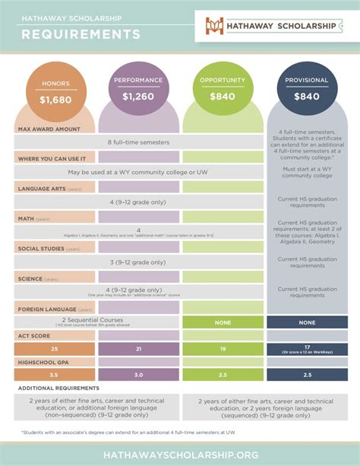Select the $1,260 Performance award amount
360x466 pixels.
coord(139,97)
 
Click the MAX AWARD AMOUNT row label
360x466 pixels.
coord(49,128)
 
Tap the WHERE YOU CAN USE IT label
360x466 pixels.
coord(52,158)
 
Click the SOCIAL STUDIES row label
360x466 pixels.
coord(49,249)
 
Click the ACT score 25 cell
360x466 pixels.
coord(54,348)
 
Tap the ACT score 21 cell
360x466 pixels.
coord(138,348)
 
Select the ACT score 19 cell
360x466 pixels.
coord(223,348)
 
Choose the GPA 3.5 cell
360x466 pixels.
coord(54,375)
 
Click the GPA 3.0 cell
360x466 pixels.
coord(138,375)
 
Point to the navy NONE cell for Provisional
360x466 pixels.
coord(307,322)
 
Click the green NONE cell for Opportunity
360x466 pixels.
coord(223,322)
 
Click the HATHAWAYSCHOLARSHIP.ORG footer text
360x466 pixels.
coord(179,453)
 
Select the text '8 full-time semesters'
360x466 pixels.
coord(139,142)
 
